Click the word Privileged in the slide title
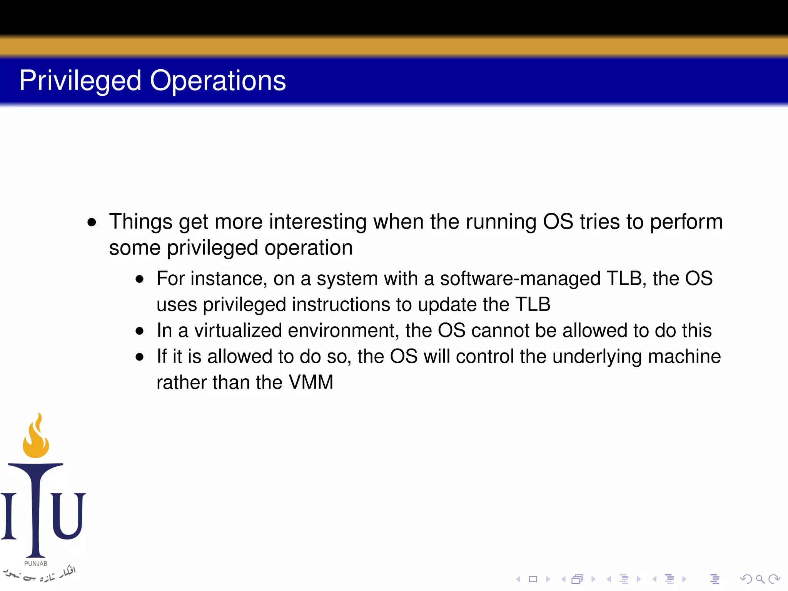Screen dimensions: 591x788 point(80,81)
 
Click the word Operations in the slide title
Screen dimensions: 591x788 point(217,81)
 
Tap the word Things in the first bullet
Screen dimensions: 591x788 point(140,222)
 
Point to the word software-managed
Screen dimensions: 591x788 point(520,279)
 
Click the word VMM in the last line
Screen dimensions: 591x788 point(311,382)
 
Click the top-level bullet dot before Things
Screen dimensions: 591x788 point(92,222)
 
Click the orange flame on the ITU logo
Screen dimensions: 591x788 point(36,439)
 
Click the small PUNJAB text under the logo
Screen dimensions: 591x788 point(36,564)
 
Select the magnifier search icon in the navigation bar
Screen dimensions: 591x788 point(760,579)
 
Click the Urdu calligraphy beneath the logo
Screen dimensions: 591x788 point(38,574)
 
